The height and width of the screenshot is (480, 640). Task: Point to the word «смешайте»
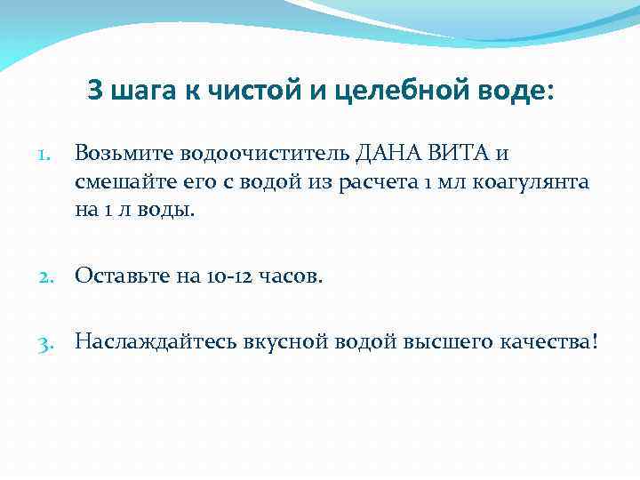coord(124,183)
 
